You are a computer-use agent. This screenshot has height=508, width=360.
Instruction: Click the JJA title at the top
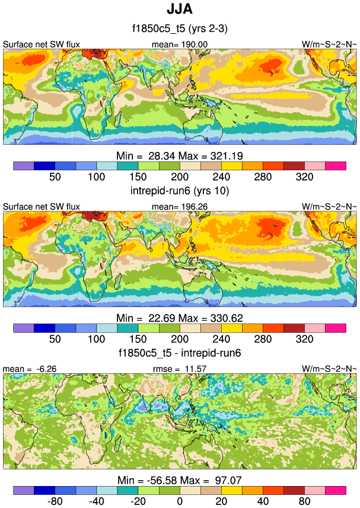[x=179, y=11]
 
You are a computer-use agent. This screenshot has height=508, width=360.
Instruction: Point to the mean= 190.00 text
[x=181, y=44]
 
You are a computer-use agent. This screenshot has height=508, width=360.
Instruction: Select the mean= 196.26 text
[x=181, y=206]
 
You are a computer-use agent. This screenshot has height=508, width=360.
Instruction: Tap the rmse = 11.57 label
[x=181, y=369]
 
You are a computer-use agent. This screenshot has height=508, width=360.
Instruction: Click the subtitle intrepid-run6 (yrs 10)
[x=179, y=191]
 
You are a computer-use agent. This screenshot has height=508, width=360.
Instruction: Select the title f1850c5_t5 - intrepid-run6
[x=179, y=354]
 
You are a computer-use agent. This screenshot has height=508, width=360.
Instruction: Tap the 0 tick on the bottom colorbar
[x=179, y=502]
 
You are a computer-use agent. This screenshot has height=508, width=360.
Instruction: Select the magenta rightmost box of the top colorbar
[x=335, y=166]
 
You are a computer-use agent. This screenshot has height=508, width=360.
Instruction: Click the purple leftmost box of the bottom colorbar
[x=23, y=490]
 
